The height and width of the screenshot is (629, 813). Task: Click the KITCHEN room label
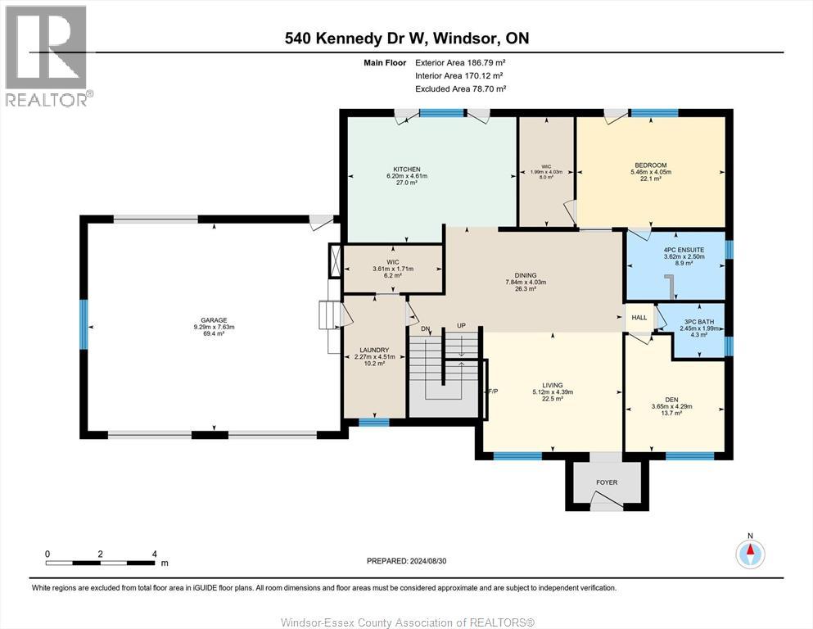(407, 169)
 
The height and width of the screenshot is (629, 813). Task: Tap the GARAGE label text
(215, 320)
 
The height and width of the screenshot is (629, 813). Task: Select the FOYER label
(607, 482)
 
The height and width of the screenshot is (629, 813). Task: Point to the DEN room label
(671, 400)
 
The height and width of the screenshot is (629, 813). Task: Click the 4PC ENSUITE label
(684, 250)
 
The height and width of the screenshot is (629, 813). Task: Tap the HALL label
(639, 317)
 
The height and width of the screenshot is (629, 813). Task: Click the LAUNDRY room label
(374, 351)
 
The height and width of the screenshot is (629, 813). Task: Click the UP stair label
(461, 326)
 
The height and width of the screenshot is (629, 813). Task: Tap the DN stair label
(425, 328)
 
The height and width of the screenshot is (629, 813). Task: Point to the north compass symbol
(750, 554)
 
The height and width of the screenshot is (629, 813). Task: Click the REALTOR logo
(47, 56)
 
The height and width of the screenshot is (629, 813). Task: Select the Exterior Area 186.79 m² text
(460, 63)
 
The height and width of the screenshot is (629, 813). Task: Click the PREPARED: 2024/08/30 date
(406, 561)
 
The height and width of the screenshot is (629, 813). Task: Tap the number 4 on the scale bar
(155, 554)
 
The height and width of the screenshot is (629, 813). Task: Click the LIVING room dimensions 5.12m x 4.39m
(553, 392)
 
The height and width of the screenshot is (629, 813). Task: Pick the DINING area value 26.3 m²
(526, 289)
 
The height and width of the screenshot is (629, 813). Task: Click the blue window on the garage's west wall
(83, 324)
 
